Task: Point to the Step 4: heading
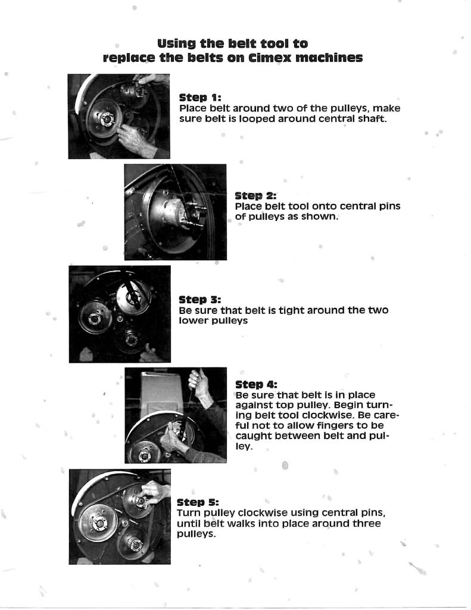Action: [256, 384]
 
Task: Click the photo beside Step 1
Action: [118, 116]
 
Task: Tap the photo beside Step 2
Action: [175, 212]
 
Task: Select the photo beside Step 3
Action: [119, 314]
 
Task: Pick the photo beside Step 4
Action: [175, 415]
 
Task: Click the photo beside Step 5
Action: [119, 516]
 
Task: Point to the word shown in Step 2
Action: [322, 217]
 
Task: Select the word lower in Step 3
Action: [192, 321]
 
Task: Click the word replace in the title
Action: [130, 58]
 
